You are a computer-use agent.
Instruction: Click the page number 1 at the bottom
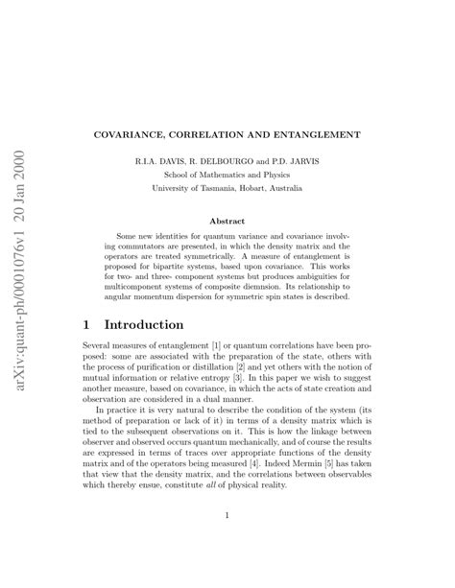(227, 517)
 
